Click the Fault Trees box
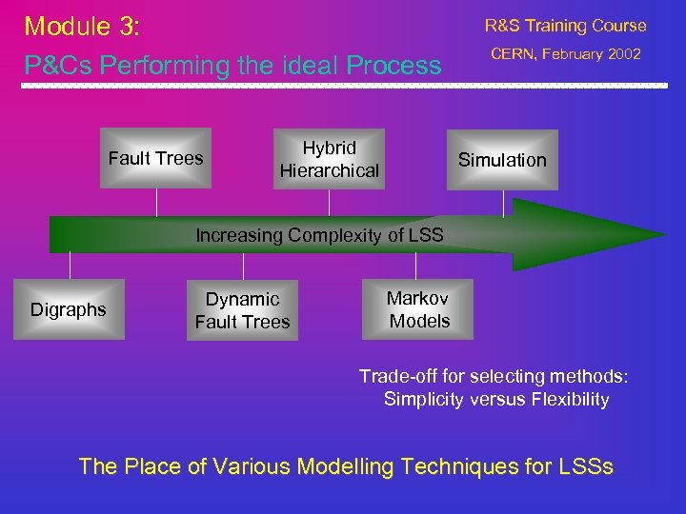156,159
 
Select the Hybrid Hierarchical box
329,159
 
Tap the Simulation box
502,160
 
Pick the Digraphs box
69,309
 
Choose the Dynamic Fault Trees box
242,310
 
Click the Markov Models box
418,309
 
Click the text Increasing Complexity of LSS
319,235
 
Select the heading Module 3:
82,26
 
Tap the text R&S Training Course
565,26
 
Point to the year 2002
622,54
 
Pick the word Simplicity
425,400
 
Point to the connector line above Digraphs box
70,266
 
